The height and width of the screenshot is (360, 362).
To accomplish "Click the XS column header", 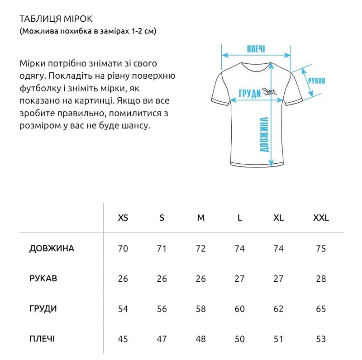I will pyautogui.click(x=123, y=218).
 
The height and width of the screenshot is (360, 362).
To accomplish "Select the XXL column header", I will pyautogui.click(x=321, y=218).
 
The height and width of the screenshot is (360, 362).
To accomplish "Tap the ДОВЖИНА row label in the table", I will pyautogui.click(x=52, y=248).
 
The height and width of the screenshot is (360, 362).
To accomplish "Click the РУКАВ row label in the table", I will pyautogui.click(x=43, y=279).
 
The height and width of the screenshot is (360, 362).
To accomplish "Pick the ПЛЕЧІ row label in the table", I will pyautogui.click(x=43, y=339).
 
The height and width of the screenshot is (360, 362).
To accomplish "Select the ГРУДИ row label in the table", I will pyautogui.click(x=43, y=309).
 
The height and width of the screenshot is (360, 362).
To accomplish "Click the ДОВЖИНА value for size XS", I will pyautogui.click(x=123, y=248).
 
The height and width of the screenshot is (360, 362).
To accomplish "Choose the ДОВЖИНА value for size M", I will pyautogui.click(x=201, y=248).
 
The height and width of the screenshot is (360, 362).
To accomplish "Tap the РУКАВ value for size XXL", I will pyautogui.click(x=321, y=279).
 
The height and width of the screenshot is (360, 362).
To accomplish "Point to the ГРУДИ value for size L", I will pyautogui.click(x=240, y=309).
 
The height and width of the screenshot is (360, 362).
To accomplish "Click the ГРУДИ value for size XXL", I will pyautogui.click(x=321, y=309).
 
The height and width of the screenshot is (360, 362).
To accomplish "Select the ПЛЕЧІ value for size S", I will pyautogui.click(x=162, y=339).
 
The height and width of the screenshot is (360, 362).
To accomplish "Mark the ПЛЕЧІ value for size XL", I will pyautogui.click(x=279, y=339).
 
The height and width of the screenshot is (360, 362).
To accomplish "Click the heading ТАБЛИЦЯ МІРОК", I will pyautogui.click(x=56, y=19).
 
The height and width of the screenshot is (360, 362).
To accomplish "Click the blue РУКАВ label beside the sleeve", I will pyautogui.click(x=316, y=81).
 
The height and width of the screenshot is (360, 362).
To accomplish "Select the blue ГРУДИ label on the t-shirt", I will pyautogui.click(x=249, y=93).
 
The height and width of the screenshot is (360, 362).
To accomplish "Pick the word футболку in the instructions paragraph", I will pyautogui.click(x=40, y=87).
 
